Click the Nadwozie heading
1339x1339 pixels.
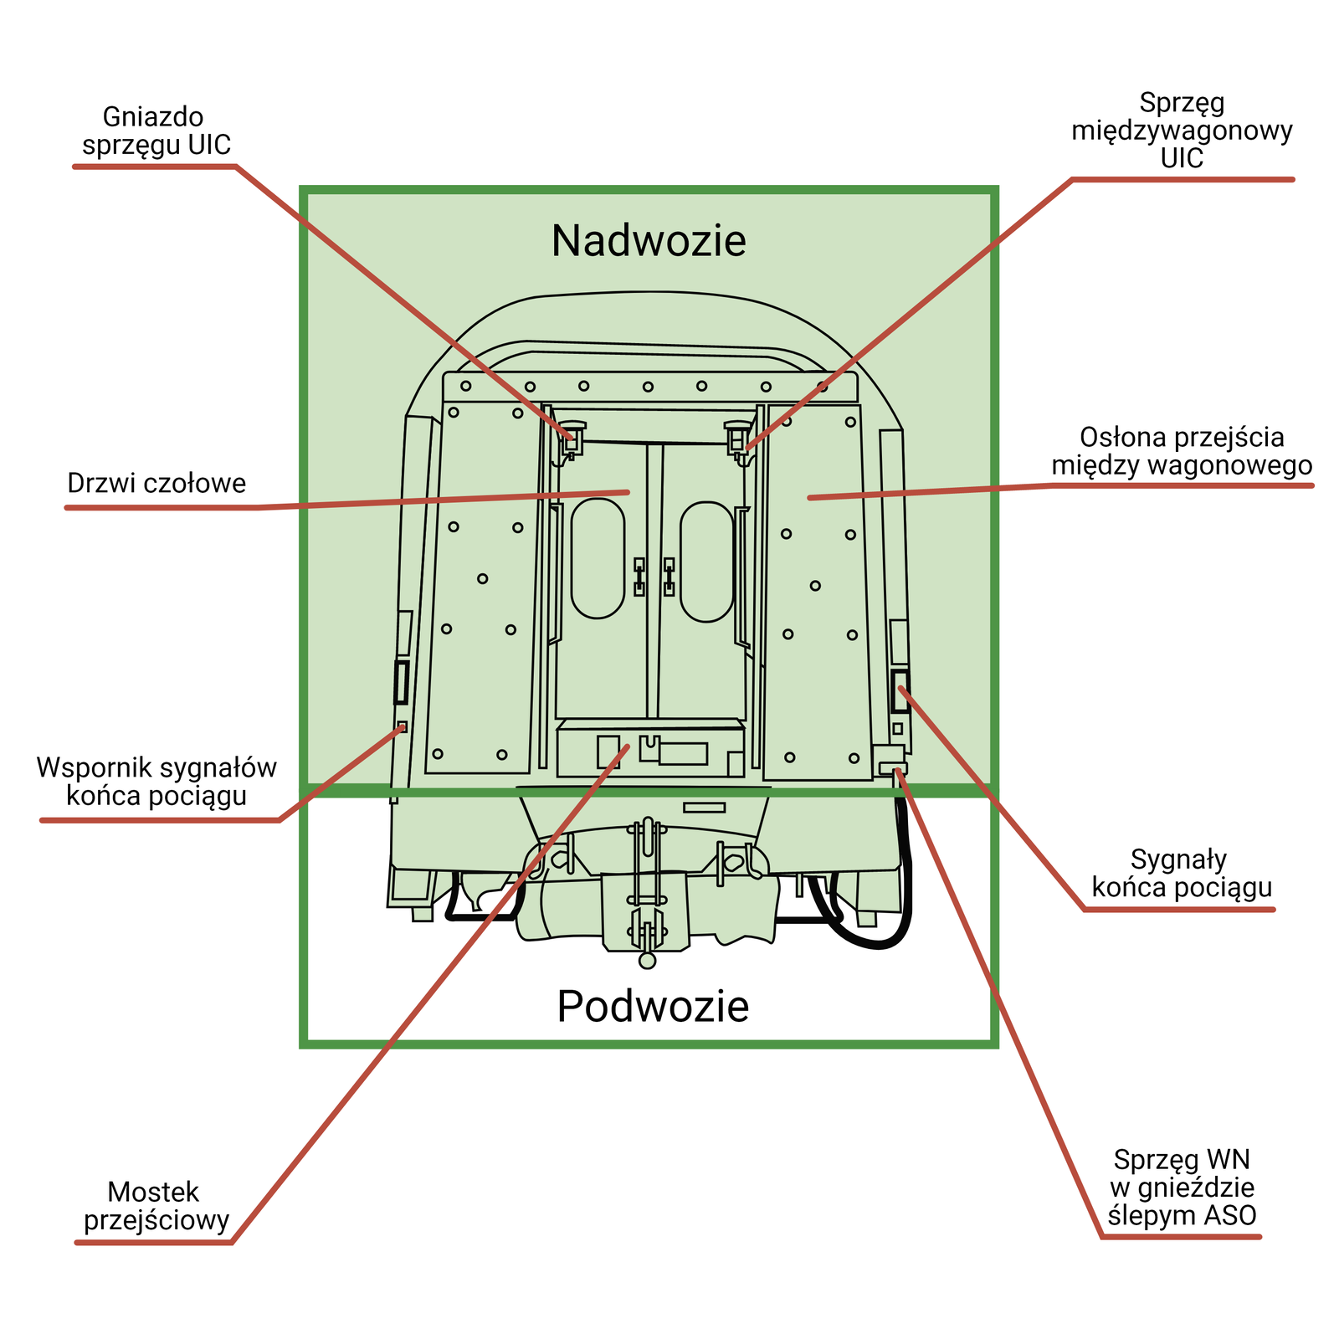pos(649,241)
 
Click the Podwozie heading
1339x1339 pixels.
pos(653,1006)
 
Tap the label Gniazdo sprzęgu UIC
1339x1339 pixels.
pos(156,131)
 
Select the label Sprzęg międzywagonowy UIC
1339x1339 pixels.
pos(1182,130)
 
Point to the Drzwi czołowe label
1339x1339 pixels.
pos(156,484)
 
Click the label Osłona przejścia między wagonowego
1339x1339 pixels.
pos(1182,451)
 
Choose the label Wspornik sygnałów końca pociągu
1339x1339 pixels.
pos(156,781)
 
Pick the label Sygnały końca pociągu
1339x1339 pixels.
pos(1182,873)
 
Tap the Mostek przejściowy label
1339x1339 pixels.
pos(156,1206)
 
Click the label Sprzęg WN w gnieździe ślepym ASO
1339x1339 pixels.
pos(1182,1187)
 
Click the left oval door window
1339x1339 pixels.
pos(598,558)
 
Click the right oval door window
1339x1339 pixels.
pos(707,562)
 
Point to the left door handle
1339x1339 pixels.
pos(639,577)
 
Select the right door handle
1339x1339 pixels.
pos(669,577)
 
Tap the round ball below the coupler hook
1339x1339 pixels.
pos(647,960)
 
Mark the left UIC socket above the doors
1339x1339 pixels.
pos(573,435)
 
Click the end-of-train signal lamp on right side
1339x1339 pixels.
pos(900,690)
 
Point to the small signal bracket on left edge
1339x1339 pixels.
pos(401,726)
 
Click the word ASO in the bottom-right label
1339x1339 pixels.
pos(1230,1215)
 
